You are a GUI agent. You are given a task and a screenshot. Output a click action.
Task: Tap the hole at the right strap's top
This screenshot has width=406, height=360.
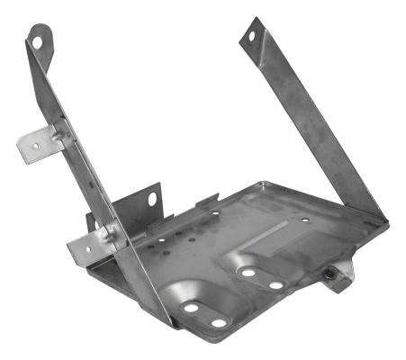(251, 35)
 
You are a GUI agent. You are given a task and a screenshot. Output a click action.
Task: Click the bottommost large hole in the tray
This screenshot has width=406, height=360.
(218, 322)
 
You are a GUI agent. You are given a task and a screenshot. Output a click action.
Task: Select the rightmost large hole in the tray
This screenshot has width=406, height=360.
(276, 285)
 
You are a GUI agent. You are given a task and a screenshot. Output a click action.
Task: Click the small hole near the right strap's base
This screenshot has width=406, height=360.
(305, 219)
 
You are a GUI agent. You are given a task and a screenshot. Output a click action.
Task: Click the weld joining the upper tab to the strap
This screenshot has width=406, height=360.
(58, 136)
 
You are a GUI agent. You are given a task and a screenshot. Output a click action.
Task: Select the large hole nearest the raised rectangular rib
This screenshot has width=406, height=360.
(248, 271)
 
